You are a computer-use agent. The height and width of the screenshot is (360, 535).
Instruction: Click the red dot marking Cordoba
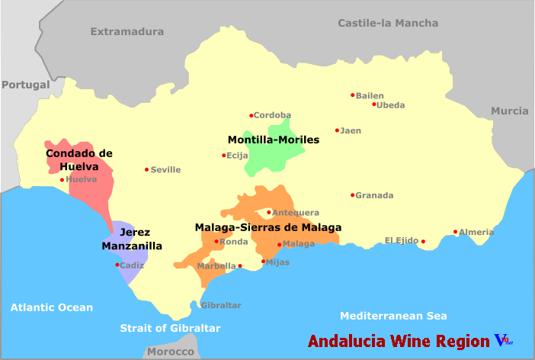pos(251,116)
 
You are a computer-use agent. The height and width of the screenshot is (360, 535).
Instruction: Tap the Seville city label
pos(165,170)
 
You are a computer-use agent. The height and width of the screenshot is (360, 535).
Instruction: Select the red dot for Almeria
pos(455,232)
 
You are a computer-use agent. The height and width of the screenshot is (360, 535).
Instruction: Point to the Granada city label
pos(375,195)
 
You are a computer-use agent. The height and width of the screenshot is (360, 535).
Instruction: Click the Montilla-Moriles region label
pos(274,140)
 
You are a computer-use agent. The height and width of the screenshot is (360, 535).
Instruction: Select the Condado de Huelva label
pos(79,159)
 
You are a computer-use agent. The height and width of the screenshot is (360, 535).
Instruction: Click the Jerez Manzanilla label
pos(133,239)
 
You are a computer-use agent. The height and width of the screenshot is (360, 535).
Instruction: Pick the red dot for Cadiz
pos(117,265)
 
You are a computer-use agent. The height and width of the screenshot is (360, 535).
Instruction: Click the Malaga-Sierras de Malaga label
pos(267,227)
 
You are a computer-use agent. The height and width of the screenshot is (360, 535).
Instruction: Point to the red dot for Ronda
pos(216,242)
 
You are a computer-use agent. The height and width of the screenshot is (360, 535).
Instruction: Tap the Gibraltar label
pos(221,305)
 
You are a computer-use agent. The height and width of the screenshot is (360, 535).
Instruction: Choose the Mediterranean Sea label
pos(393,316)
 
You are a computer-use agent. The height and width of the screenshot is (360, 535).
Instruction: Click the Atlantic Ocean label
pos(52,308)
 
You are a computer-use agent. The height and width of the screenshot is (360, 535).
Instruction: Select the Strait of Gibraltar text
pos(170,328)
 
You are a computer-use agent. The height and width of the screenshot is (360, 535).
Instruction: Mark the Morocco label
pos(170,352)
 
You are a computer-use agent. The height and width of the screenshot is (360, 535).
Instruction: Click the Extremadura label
pos(127,32)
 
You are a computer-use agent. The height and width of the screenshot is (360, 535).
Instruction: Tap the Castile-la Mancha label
pos(388,24)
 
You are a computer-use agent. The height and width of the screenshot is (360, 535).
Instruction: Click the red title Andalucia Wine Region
pos(398,341)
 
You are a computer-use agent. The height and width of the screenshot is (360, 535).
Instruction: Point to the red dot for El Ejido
pos(423,242)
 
